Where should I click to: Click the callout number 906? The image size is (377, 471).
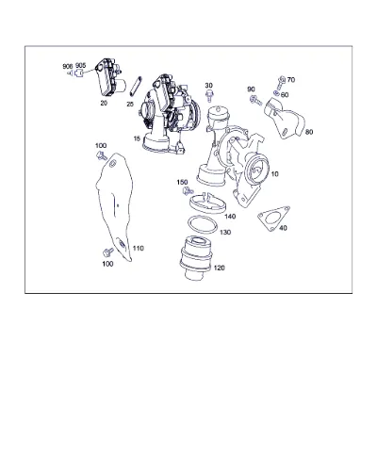pyautogui.click(x=68, y=66)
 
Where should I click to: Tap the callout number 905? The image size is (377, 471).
pyautogui.click(x=80, y=65)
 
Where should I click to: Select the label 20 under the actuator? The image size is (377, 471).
pyautogui.click(x=104, y=103)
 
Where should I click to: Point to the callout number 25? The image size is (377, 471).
pyautogui.click(x=130, y=105)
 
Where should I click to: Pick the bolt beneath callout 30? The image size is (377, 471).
pyautogui.click(x=209, y=95)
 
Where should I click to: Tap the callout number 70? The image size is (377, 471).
pyautogui.click(x=291, y=80)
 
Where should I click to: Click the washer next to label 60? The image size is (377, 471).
pyautogui.click(x=276, y=92)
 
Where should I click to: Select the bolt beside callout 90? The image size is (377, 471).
pyautogui.click(x=255, y=101)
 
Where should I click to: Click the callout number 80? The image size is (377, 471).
pyautogui.click(x=309, y=132)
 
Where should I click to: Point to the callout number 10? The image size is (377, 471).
pyautogui.click(x=274, y=173)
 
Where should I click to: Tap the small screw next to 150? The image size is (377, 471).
pyautogui.click(x=188, y=190)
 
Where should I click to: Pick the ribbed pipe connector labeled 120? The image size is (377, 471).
pyautogui.click(x=196, y=257)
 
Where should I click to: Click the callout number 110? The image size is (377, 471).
pyautogui.click(x=139, y=249)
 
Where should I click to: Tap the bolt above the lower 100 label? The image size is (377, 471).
pyautogui.click(x=108, y=252)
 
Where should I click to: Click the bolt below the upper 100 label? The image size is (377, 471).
pyautogui.click(x=101, y=155)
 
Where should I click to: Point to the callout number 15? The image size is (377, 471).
pyautogui.click(x=137, y=138)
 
